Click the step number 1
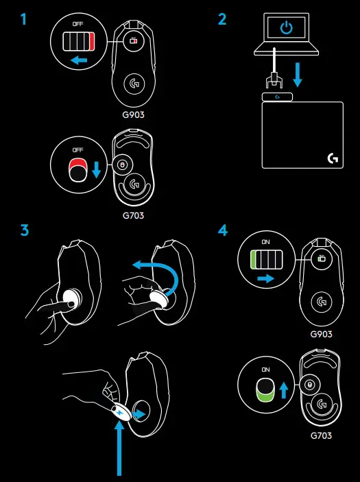tap(25, 19)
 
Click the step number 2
tap(222, 19)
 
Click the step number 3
tap(25, 230)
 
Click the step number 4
tap(222, 230)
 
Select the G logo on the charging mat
tap(333, 159)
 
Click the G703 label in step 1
tap(134, 215)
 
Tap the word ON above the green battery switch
tap(267, 242)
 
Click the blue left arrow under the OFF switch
tap(80, 61)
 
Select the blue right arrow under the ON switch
tap(267, 279)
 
